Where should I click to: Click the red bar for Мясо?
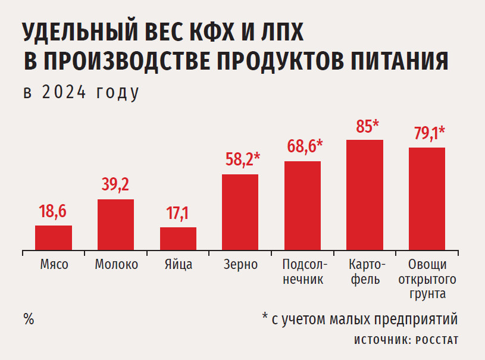point(54,237)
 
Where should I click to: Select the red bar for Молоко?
point(115,224)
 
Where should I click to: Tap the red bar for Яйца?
point(178,238)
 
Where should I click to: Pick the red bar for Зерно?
point(240,212)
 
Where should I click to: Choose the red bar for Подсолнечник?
point(302,205)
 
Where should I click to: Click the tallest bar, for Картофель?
point(365,195)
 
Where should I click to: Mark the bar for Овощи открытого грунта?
point(427,198)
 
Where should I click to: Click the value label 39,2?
point(115,185)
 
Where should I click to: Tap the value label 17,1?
point(177,214)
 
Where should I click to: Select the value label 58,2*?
point(243,159)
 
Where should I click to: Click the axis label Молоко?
point(116,265)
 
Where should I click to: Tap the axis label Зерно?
point(240,265)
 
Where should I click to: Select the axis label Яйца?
point(178,265)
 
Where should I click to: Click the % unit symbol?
point(29,318)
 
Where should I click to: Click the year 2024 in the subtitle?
point(65,93)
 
